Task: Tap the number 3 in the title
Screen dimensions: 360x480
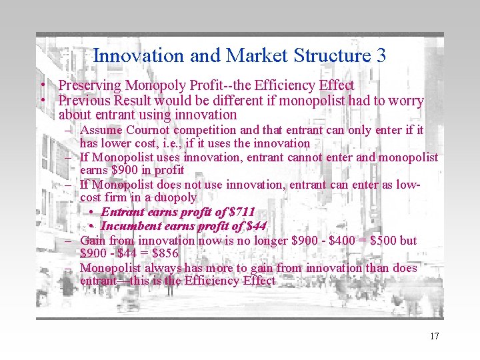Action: point(381,55)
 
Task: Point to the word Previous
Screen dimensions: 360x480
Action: point(85,101)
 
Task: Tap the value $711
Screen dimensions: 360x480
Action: point(241,212)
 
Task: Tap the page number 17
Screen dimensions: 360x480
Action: point(434,336)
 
